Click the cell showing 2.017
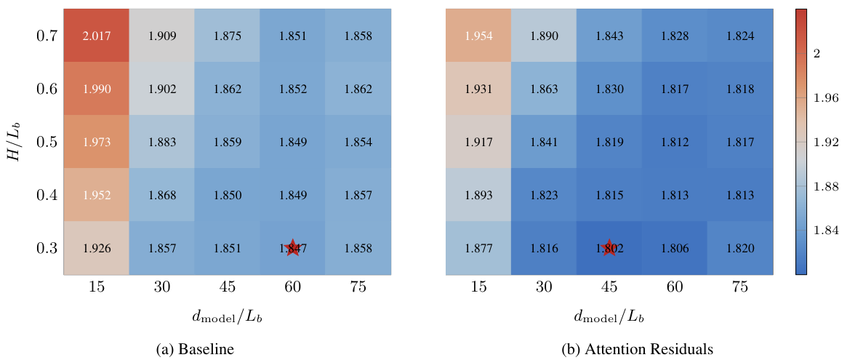point(97,36)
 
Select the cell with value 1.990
point(97,89)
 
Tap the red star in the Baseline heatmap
point(292,248)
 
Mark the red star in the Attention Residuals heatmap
point(609,248)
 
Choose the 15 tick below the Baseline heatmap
point(97,287)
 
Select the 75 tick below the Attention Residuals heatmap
point(740,287)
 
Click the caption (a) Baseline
point(195,350)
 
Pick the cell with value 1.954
point(478,36)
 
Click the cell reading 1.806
point(675,249)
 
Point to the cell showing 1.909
point(162,36)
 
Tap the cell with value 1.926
point(97,249)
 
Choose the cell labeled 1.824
point(740,36)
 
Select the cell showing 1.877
point(478,249)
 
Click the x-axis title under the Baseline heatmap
point(227,316)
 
